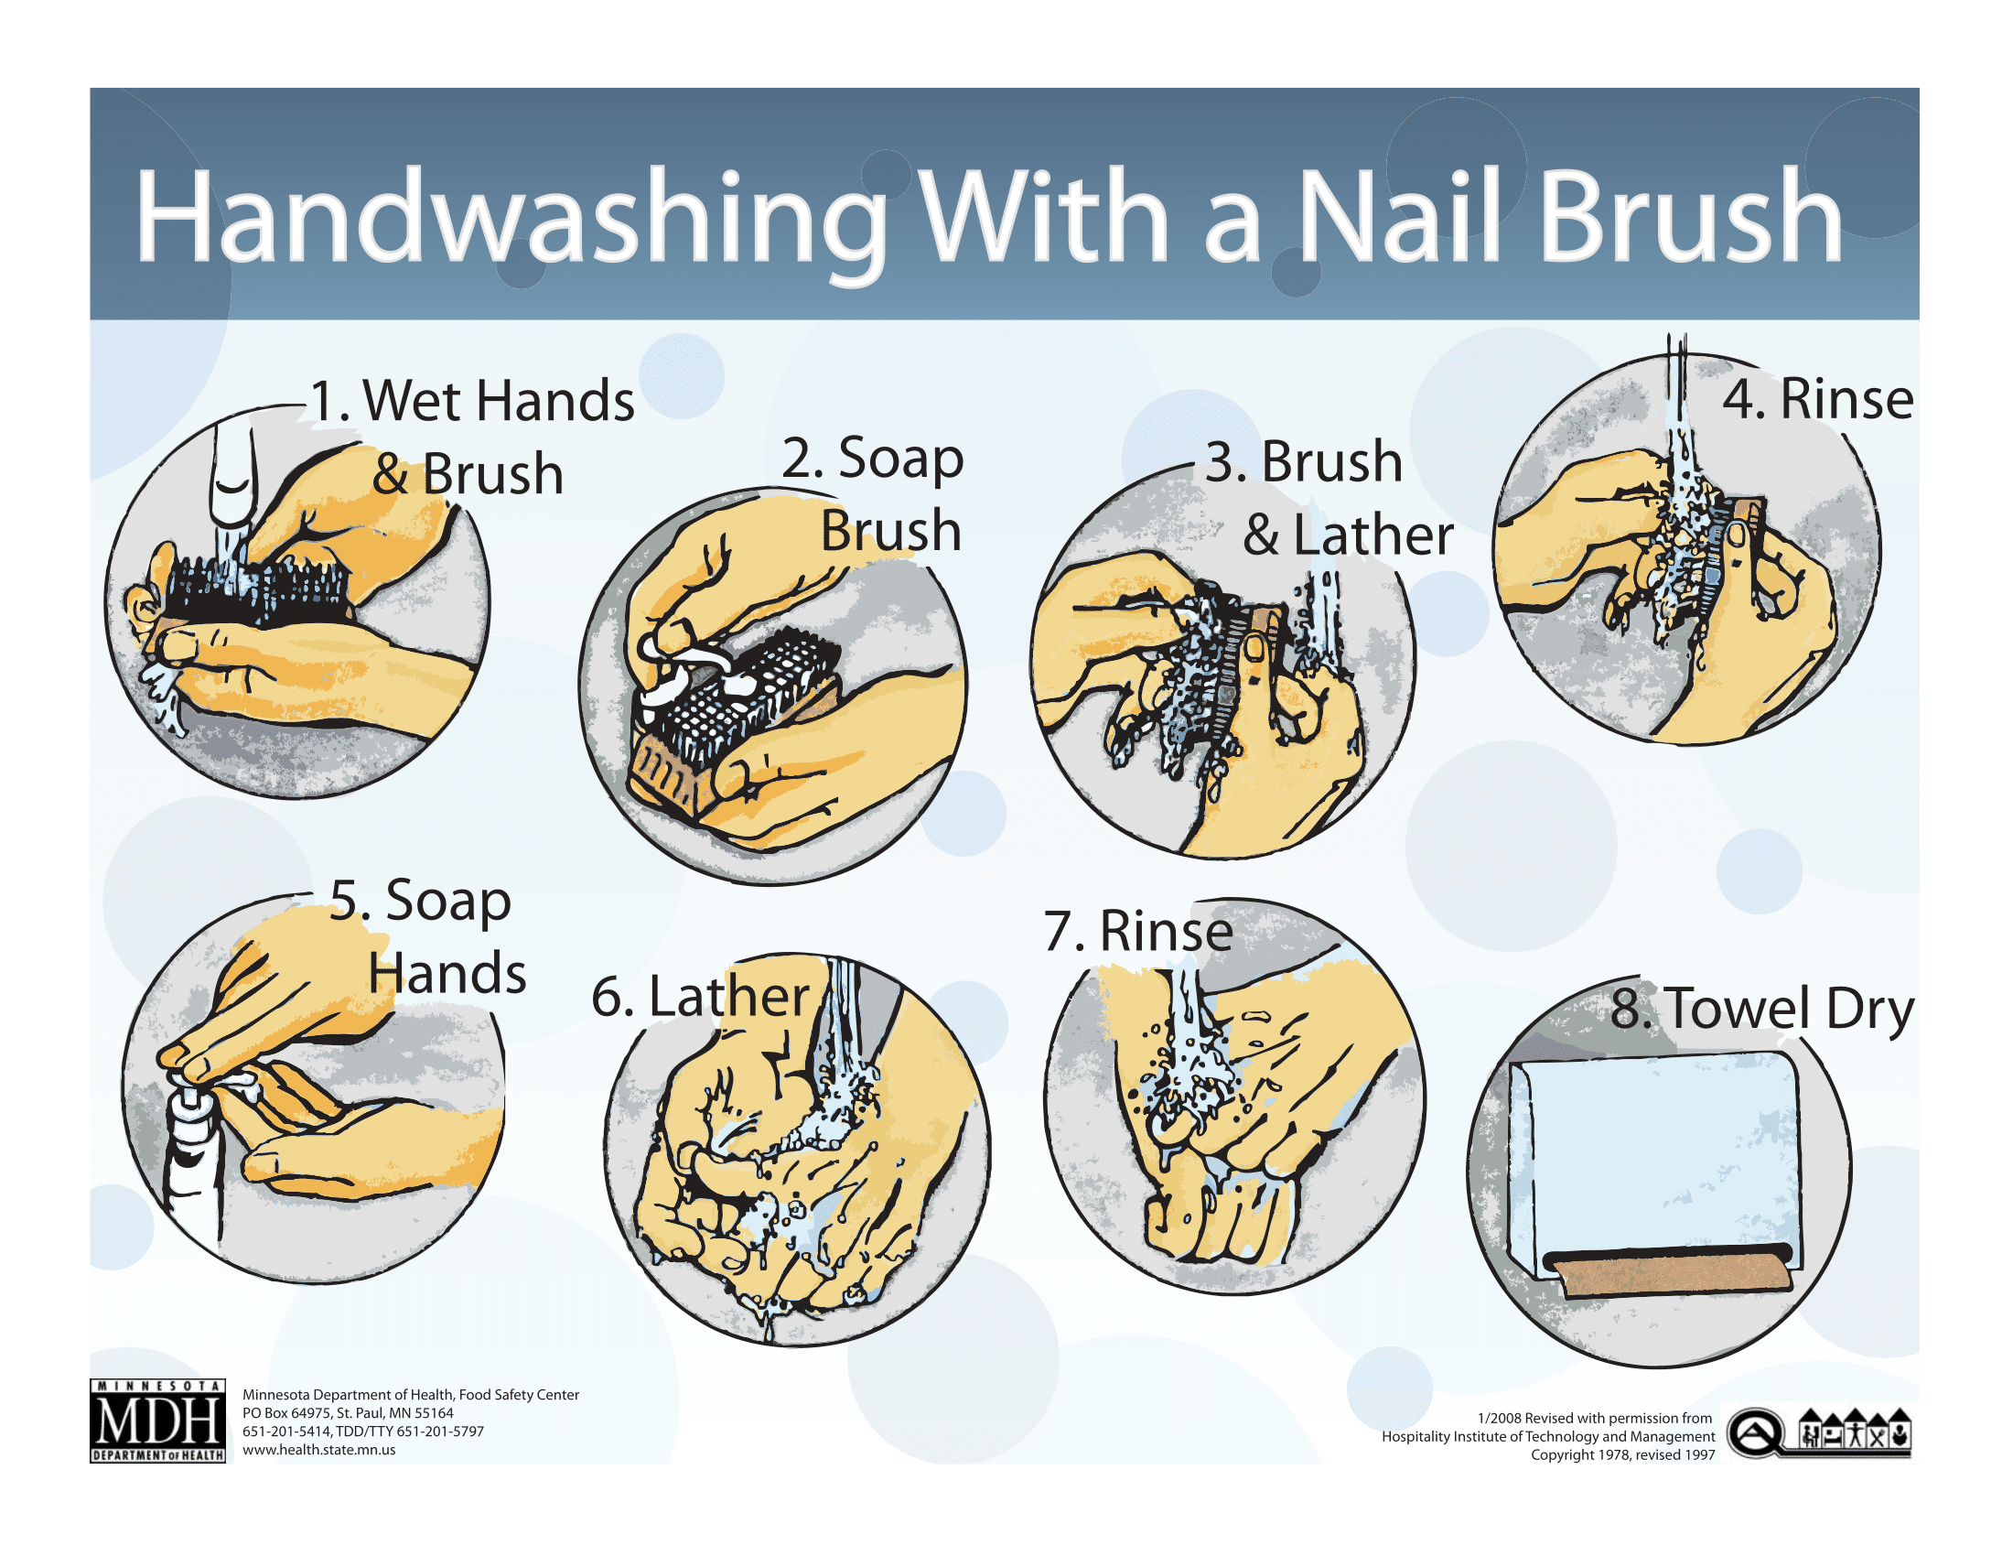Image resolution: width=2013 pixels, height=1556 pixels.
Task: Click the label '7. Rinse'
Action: (1138, 931)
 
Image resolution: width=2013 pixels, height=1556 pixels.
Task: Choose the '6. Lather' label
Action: (701, 998)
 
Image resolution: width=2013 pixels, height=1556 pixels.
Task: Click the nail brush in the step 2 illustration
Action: (737, 709)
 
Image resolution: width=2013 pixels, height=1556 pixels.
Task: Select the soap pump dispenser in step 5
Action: (194, 1162)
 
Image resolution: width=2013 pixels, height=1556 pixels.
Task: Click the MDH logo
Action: (157, 1421)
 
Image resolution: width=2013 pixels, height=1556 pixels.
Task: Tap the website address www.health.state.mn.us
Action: (319, 1450)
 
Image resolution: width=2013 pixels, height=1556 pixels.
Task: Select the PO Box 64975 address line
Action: (348, 1413)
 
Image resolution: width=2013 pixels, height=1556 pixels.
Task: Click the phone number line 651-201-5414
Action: (362, 1432)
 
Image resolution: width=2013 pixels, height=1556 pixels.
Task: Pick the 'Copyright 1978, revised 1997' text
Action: (1622, 1454)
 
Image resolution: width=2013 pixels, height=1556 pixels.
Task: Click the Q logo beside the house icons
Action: (1754, 1433)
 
